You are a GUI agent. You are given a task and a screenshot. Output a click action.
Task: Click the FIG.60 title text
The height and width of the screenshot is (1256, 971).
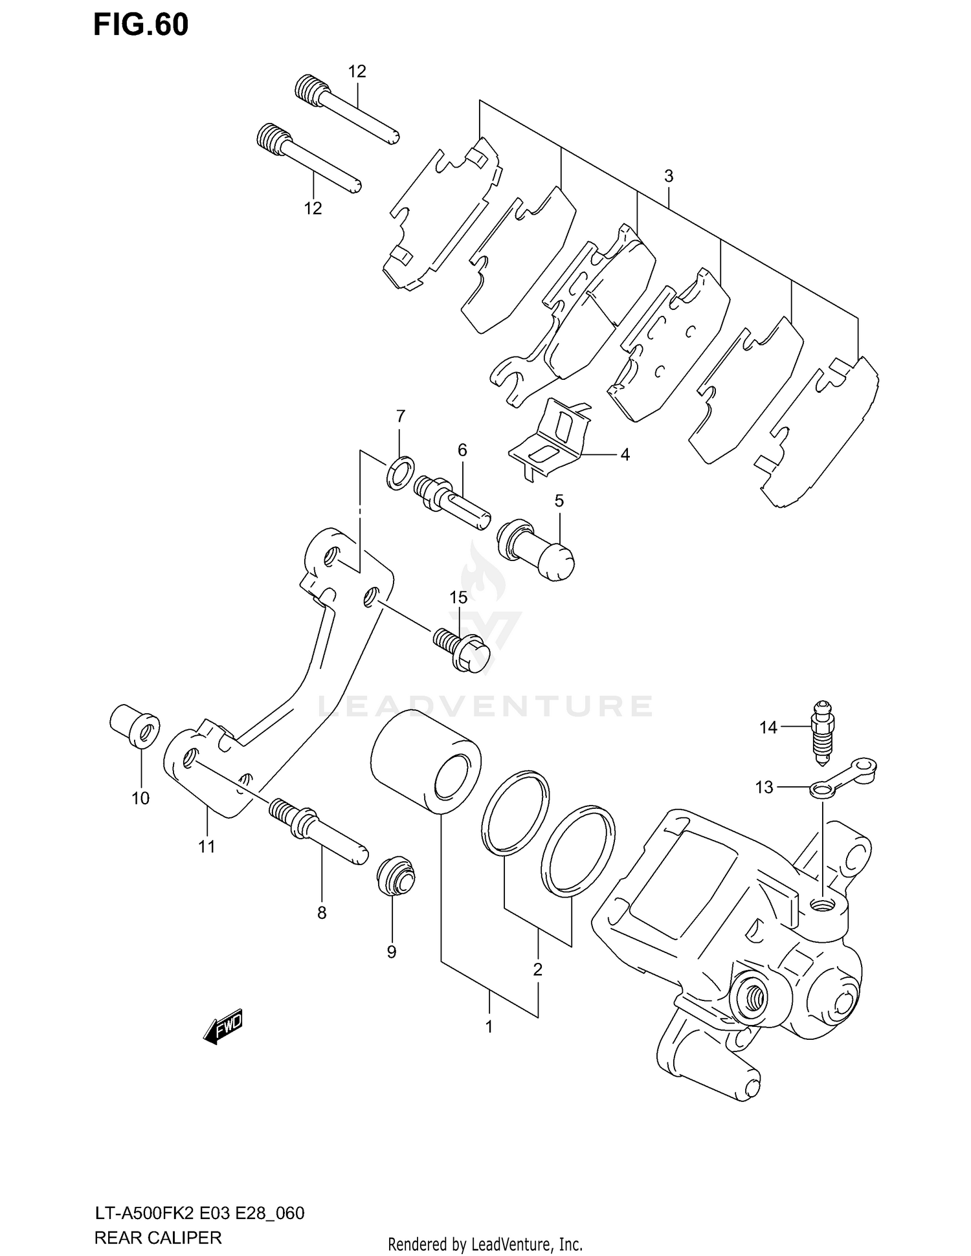pyautogui.click(x=141, y=25)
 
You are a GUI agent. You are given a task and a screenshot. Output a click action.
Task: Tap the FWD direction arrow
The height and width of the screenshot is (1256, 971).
pyautogui.click(x=223, y=1026)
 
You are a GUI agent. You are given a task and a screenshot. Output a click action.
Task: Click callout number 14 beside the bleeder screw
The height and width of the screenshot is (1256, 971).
pyautogui.click(x=768, y=728)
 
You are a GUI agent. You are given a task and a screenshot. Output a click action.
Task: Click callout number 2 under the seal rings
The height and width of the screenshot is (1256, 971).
pyautogui.click(x=537, y=969)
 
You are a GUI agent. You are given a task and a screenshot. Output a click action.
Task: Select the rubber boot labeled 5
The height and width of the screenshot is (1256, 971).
pyautogui.click(x=536, y=547)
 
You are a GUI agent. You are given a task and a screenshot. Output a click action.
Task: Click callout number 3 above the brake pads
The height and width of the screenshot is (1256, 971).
pyautogui.click(x=669, y=176)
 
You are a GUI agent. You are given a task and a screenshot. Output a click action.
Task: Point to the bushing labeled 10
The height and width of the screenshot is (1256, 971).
pyautogui.click(x=135, y=727)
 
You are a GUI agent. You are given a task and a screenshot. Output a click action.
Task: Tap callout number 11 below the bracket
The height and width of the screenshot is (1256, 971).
pyautogui.click(x=206, y=846)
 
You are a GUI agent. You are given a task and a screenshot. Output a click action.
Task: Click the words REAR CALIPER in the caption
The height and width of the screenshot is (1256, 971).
pyautogui.click(x=158, y=1238)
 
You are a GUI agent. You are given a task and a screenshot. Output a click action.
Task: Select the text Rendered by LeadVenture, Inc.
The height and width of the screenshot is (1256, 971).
pyautogui.click(x=485, y=1244)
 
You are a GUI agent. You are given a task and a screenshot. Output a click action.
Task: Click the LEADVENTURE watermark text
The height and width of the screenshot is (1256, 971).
pyautogui.click(x=485, y=707)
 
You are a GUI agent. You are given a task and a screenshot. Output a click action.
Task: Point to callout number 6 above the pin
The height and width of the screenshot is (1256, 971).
pyautogui.click(x=462, y=450)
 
